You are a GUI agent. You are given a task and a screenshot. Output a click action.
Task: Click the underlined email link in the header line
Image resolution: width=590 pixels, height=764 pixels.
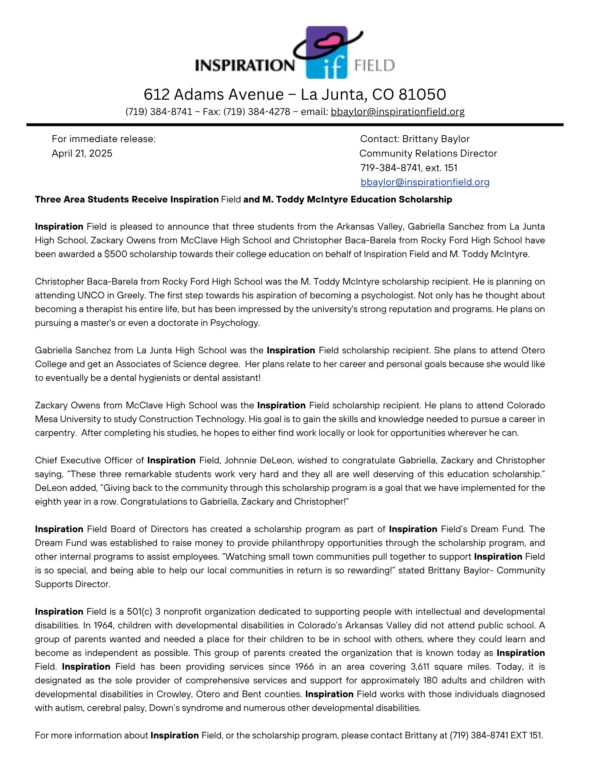[x=398, y=112]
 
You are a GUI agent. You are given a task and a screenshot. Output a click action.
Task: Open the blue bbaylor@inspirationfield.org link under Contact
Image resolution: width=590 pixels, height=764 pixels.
[x=425, y=182]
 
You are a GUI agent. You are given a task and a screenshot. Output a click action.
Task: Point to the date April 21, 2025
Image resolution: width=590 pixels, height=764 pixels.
[x=82, y=153]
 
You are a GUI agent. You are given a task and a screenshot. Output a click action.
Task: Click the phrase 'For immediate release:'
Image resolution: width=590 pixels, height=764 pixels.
[x=103, y=139]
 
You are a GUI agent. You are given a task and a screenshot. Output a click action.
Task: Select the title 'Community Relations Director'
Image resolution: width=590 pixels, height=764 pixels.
[x=428, y=153]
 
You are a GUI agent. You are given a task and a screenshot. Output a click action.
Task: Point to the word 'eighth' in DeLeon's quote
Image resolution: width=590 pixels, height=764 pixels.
[x=47, y=502]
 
